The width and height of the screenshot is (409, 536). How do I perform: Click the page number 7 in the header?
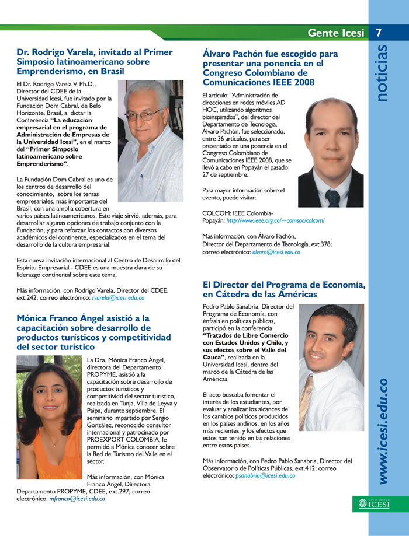click(x=379, y=33)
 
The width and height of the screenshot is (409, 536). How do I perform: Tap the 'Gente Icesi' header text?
click(x=335, y=33)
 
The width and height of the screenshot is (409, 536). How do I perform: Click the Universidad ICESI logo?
click(x=375, y=503)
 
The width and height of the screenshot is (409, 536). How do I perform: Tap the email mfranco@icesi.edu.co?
click(x=78, y=499)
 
